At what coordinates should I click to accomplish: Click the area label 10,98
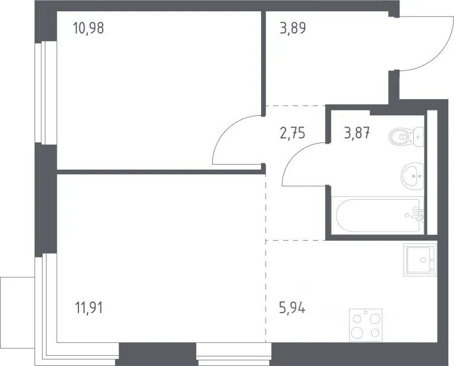point(89,28)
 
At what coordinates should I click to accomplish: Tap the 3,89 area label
point(293,28)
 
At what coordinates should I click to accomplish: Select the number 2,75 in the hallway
point(292,134)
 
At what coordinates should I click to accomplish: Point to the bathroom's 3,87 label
point(357,134)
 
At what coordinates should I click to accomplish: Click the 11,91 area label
point(89,308)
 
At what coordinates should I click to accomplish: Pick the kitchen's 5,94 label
point(292,308)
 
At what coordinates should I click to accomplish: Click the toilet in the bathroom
point(406,137)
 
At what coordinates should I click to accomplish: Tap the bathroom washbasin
point(413,176)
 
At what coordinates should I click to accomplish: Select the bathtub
point(377,215)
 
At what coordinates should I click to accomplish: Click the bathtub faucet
point(418,214)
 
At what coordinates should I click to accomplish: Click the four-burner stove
point(366,325)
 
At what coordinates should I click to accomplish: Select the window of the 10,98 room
point(46,92)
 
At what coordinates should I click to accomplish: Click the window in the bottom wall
point(234,354)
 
